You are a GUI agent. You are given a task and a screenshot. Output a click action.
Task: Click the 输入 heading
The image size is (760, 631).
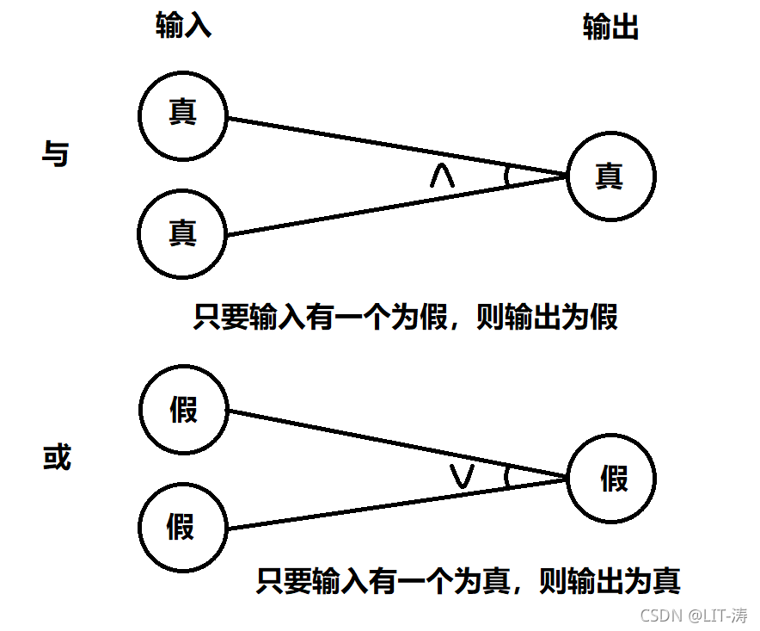[x=183, y=28]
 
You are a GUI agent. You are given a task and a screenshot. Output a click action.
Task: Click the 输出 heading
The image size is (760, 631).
[x=610, y=28]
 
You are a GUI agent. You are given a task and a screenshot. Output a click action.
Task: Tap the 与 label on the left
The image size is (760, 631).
[x=56, y=154]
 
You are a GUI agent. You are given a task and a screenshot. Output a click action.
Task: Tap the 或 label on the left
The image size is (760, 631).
[x=57, y=458]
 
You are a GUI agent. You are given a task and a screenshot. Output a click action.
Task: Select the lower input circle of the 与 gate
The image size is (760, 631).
[x=182, y=233]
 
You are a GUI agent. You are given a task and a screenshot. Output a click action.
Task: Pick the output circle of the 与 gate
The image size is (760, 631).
[x=610, y=176]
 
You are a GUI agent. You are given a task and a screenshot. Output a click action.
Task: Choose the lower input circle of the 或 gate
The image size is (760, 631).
[x=182, y=525]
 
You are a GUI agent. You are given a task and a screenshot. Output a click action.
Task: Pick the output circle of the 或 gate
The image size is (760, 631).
[x=612, y=479]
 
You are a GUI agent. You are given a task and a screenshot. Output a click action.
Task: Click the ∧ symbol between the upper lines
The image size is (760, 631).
[x=442, y=176]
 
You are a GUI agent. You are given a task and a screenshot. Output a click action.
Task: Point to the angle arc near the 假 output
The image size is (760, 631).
[x=508, y=477]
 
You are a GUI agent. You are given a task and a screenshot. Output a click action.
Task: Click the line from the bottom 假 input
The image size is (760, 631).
[x=361, y=508]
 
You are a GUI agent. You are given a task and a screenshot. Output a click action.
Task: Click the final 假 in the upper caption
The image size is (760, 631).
[x=604, y=318]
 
